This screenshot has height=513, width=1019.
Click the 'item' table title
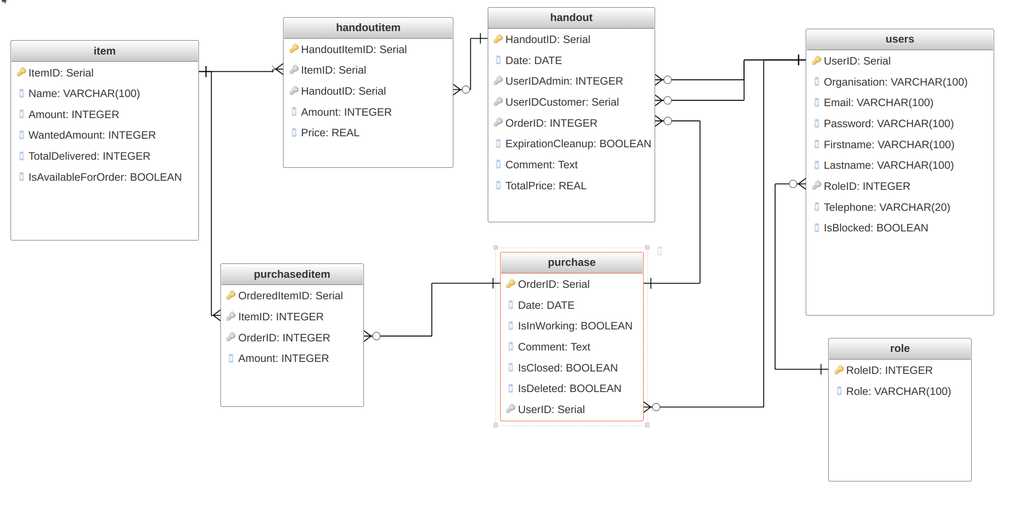tap(104, 51)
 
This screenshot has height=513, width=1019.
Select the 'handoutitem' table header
tap(368, 28)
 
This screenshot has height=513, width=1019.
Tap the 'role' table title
tap(899, 349)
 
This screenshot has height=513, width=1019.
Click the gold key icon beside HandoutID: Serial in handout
tap(498, 39)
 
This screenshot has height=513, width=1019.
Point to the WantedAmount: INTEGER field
tap(92, 135)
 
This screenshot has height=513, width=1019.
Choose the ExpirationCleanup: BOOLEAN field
tap(578, 144)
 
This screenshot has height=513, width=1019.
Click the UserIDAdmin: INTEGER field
tap(564, 81)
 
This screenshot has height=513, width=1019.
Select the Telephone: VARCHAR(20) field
tap(886, 207)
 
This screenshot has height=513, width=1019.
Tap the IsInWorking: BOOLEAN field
tap(575, 326)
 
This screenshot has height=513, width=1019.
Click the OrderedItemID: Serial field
tap(290, 296)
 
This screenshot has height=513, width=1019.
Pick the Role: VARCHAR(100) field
tap(898, 392)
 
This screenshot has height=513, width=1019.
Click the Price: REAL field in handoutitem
tap(330, 133)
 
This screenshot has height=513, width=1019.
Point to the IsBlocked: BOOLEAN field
tap(875, 228)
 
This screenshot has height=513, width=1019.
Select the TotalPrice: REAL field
tap(546, 186)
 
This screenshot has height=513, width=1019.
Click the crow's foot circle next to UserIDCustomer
tap(668, 100)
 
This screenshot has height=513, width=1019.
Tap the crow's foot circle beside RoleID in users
tap(793, 184)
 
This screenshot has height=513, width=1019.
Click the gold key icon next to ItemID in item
tap(21, 73)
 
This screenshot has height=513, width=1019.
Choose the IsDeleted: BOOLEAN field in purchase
tap(569, 389)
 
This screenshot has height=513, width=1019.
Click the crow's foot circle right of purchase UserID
tap(656, 407)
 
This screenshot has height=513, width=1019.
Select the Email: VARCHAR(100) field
tap(878, 103)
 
